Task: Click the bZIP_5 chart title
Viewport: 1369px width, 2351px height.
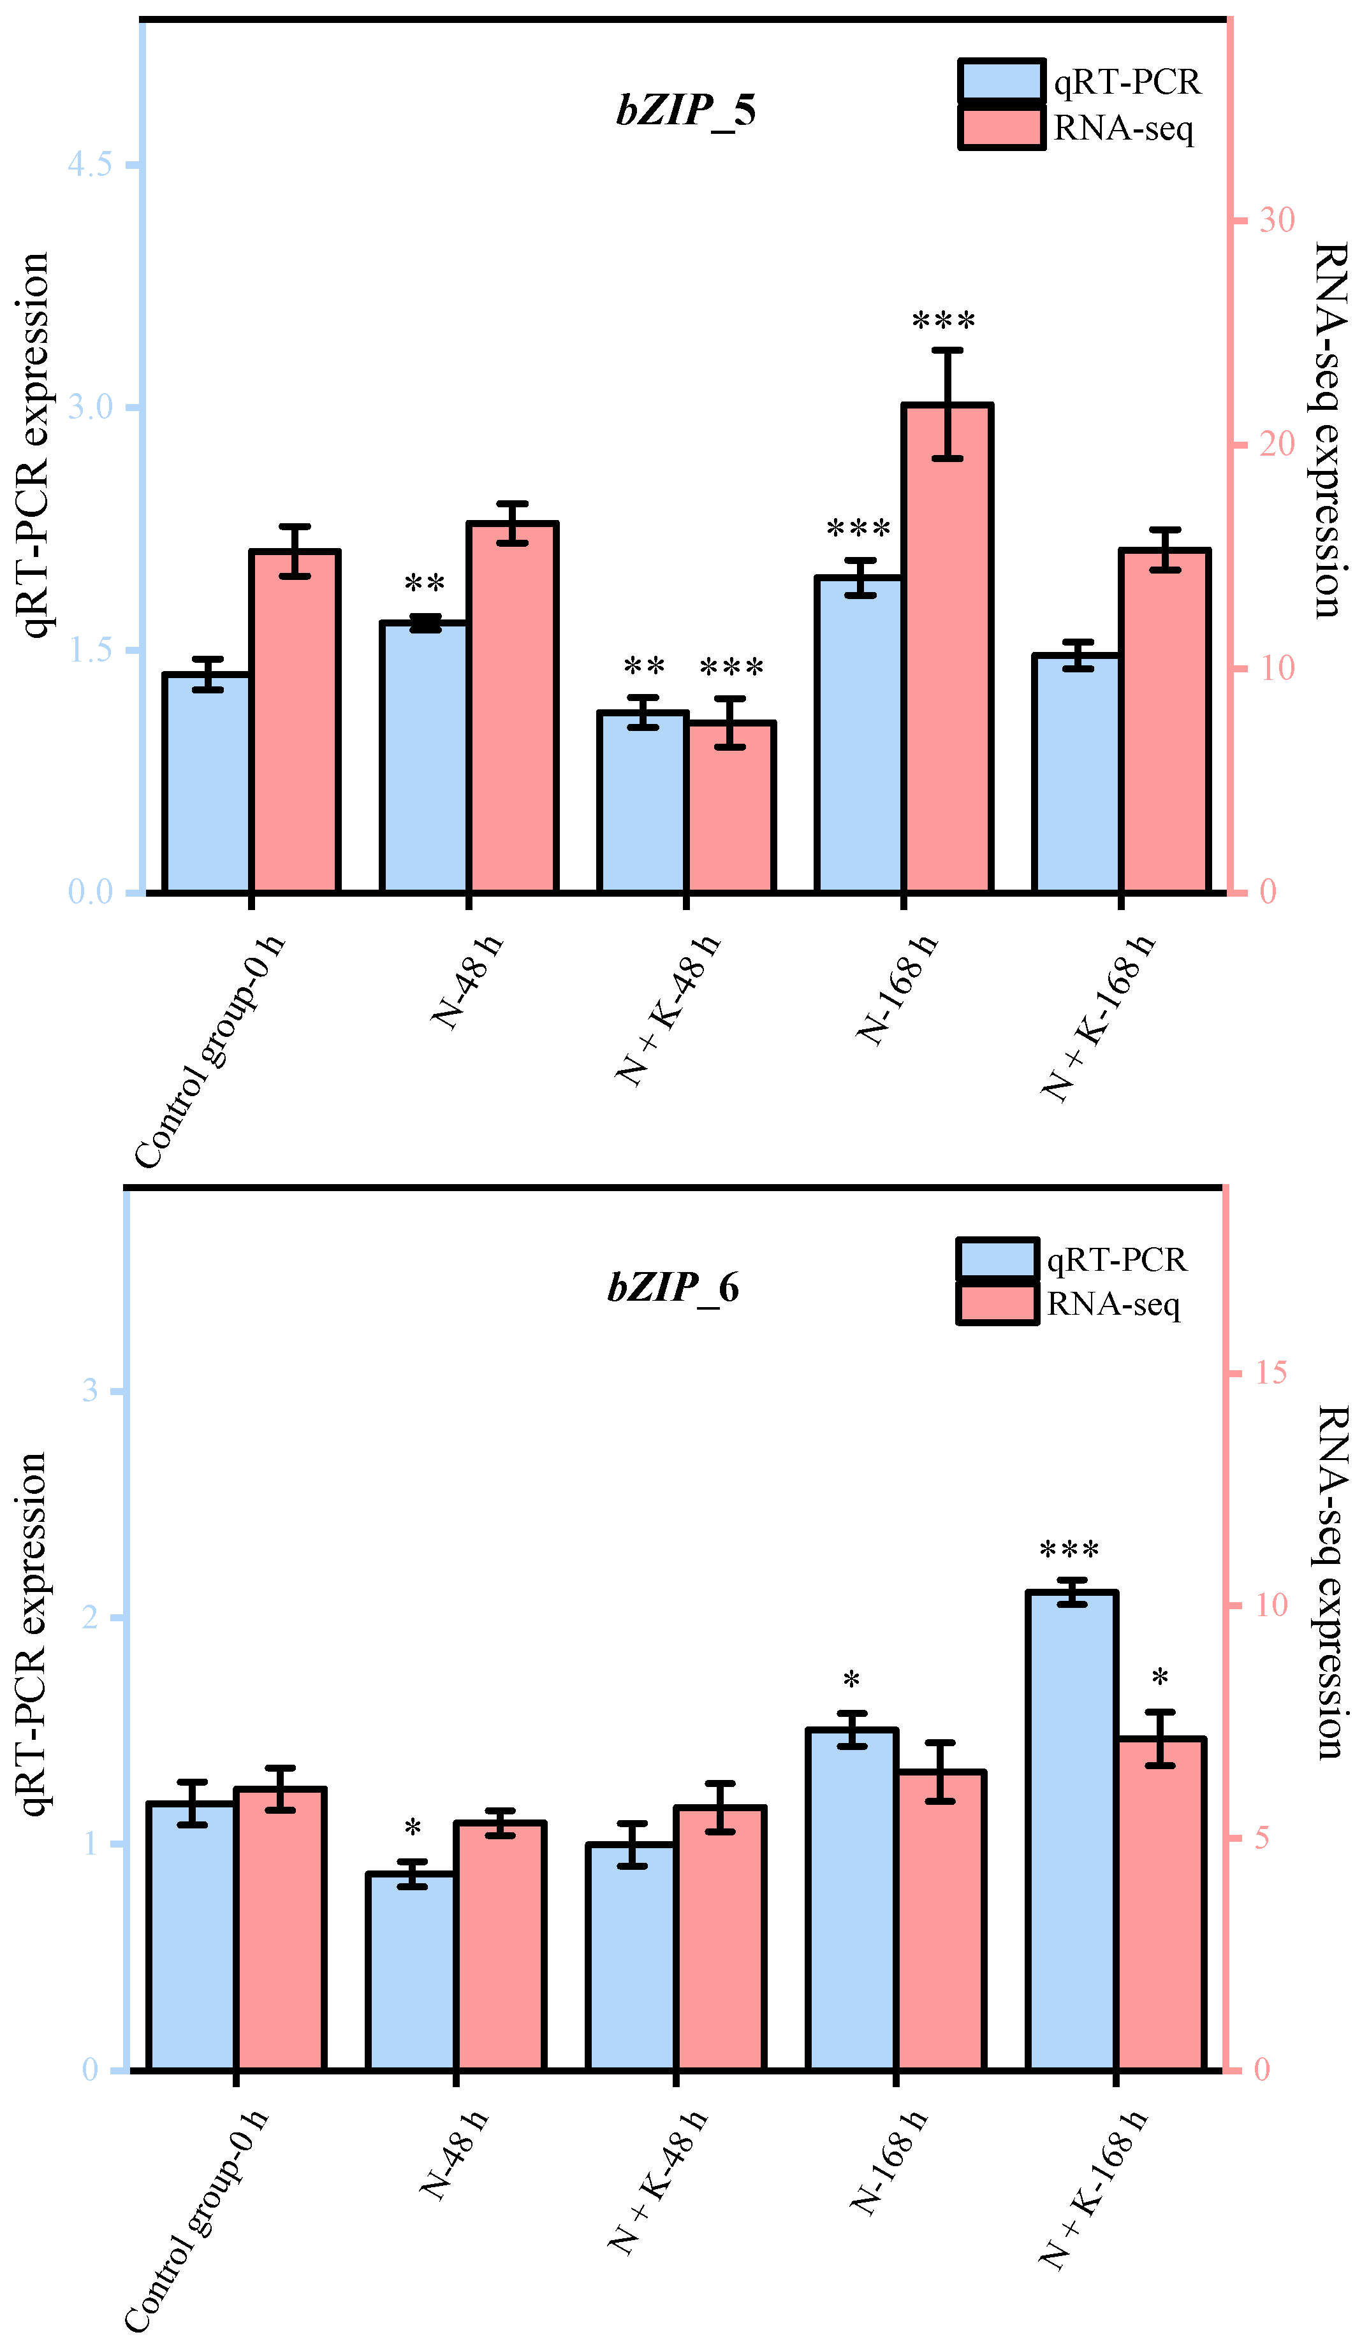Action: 686,111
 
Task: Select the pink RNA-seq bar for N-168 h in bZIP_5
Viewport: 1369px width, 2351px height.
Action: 946,653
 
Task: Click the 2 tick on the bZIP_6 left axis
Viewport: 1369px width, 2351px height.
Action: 91,1617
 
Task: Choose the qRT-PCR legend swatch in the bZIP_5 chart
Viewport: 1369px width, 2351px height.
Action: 1000,81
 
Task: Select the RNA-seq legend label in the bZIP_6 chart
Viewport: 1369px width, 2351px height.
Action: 1113,1305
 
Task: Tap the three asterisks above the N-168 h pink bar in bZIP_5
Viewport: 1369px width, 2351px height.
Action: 944,322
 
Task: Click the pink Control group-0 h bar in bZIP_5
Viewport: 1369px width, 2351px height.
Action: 294,723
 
